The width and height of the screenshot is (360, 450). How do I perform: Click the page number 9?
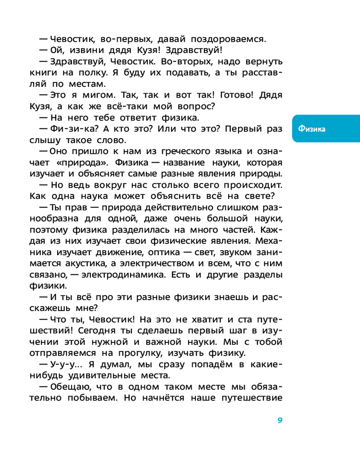click(279, 420)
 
